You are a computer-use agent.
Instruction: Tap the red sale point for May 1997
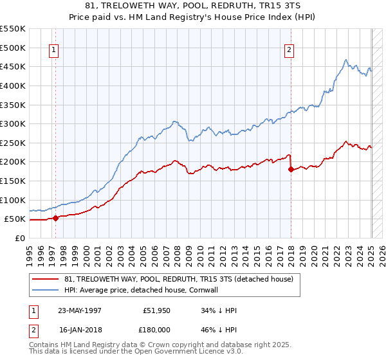[55, 218]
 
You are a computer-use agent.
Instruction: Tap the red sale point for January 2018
[291, 169]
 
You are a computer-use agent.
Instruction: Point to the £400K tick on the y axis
[15, 85]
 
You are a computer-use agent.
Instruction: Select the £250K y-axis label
[15, 143]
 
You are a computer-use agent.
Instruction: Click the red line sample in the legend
[46, 279]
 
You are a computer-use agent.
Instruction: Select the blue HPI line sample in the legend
[46, 290]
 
